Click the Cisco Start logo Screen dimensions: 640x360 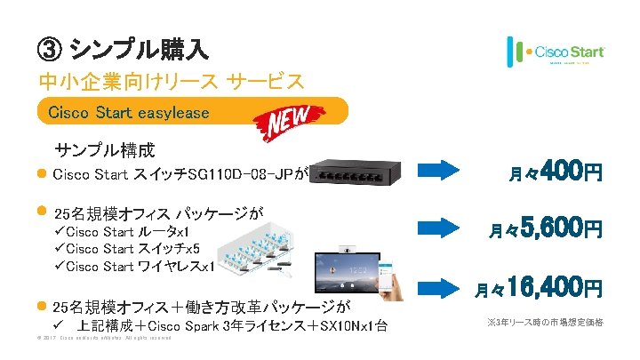click(556, 51)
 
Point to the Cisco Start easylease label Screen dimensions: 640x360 click(129, 113)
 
